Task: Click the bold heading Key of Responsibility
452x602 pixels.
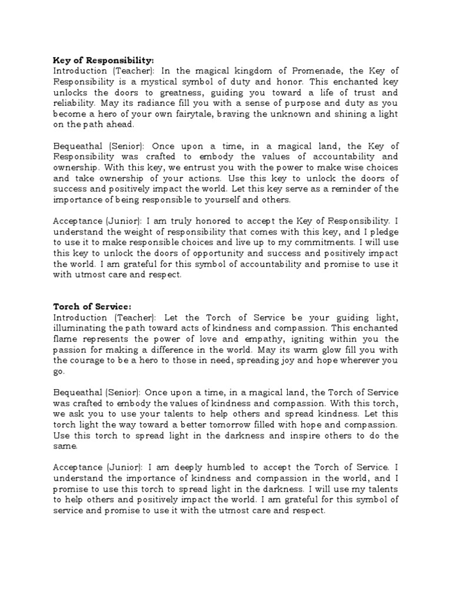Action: [x=104, y=61]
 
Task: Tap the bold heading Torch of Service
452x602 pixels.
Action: [x=92, y=306]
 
